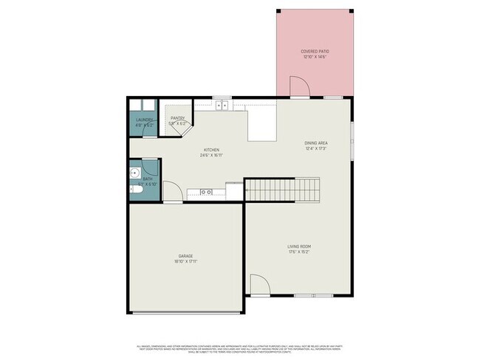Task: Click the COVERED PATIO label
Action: coord(314,52)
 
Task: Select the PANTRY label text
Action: coord(177,118)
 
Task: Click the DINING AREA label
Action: coord(316,143)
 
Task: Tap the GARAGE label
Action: coord(185,256)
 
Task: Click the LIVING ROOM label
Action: coord(299,246)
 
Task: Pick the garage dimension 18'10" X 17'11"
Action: coord(185,262)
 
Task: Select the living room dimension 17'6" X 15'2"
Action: coord(299,252)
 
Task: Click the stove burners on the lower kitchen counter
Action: coord(207,193)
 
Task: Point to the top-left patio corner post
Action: coord(278,10)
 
